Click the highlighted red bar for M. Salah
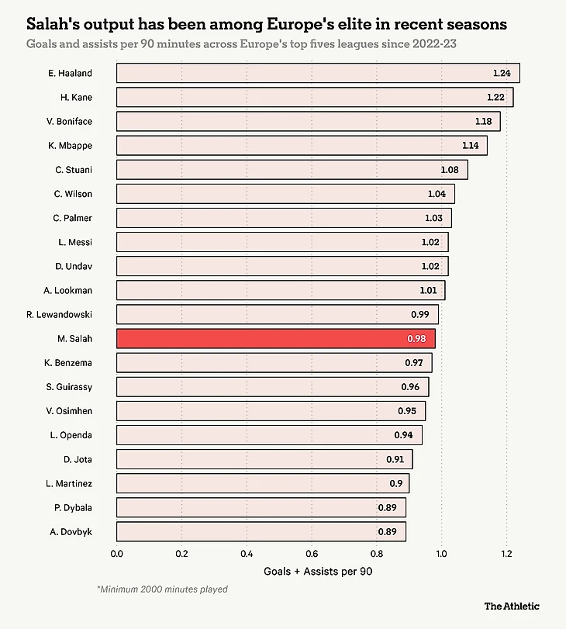pyautogui.click(x=275, y=338)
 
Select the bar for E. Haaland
pyautogui.click(x=318, y=73)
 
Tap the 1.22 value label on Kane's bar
pyautogui.click(x=495, y=98)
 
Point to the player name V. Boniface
pyautogui.click(x=69, y=121)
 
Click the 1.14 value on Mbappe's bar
pyautogui.click(x=471, y=146)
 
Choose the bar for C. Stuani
pyautogui.click(x=292, y=170)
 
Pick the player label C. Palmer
pyautogui.click(x=74, y=218)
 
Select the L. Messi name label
pyautogui.click(x=75, y=242)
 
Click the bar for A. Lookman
pyautogui.click(x=281, y=290)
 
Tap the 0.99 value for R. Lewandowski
pyautogui.click(x=420, y=315)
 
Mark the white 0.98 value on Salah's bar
pyautogui.click(x=417, y=339)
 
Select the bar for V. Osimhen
pyautogui.click(x=271, y=410)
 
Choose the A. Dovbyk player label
pyautogui.click(x=71, y=531)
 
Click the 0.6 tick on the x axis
pyautogui.click(x=312, y=555)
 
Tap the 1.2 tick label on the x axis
pyautogui.click(x=506, y=555)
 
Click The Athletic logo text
pyautogui.click(x=512, y=606)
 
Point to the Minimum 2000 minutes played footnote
pyautogui.click(x=162, y=589)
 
